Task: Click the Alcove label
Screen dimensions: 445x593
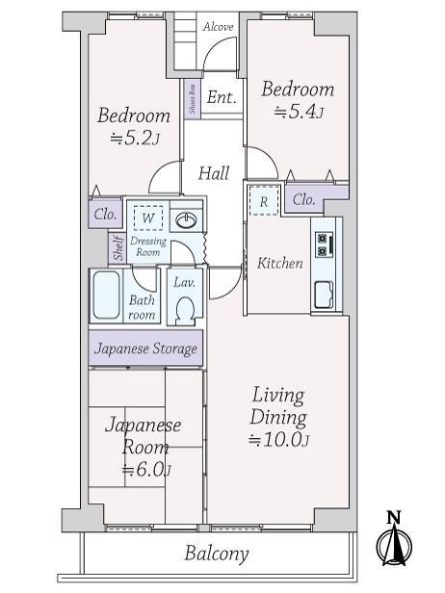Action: pos(219,27)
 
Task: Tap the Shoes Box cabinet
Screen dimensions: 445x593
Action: pos(193,99)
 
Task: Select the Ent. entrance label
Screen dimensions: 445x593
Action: pos(222,97)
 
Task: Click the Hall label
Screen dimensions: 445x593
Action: pos(214,173)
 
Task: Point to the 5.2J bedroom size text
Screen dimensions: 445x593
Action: pos(135,140)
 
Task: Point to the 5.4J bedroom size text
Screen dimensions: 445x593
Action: pos(299,113)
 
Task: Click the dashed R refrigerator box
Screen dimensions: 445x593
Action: pos(264,201)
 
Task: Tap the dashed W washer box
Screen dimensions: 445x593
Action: pos(148,219)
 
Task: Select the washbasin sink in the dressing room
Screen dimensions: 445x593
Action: pos(186,219)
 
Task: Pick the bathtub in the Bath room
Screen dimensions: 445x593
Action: pos(106,296)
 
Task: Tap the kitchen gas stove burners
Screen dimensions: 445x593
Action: pos(325,244)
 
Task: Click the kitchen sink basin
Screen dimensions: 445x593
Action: pos(325,295)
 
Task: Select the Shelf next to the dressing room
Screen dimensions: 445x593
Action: pos(117,248)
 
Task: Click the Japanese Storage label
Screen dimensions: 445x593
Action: pos(145,348)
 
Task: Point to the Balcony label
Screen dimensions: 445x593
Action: pos(217,554)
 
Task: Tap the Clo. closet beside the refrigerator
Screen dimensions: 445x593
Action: pos(304,199)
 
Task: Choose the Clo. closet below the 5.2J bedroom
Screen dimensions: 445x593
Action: pos(105,215)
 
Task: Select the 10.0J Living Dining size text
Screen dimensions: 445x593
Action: pos(279,440)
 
